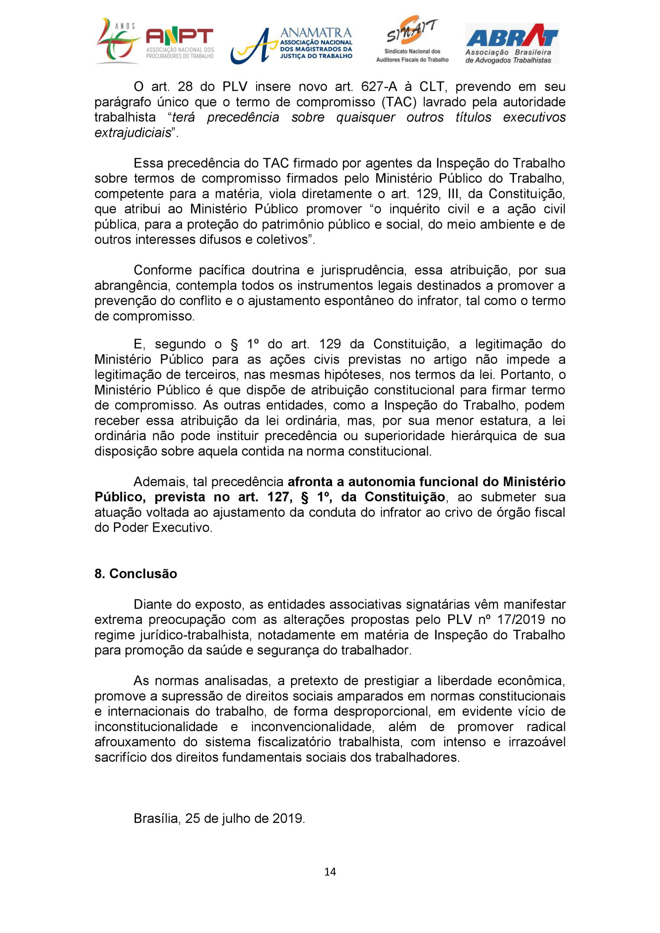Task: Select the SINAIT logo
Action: [412, 40]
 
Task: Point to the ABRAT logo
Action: [512, 43]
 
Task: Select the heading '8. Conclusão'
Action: [136, 574]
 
